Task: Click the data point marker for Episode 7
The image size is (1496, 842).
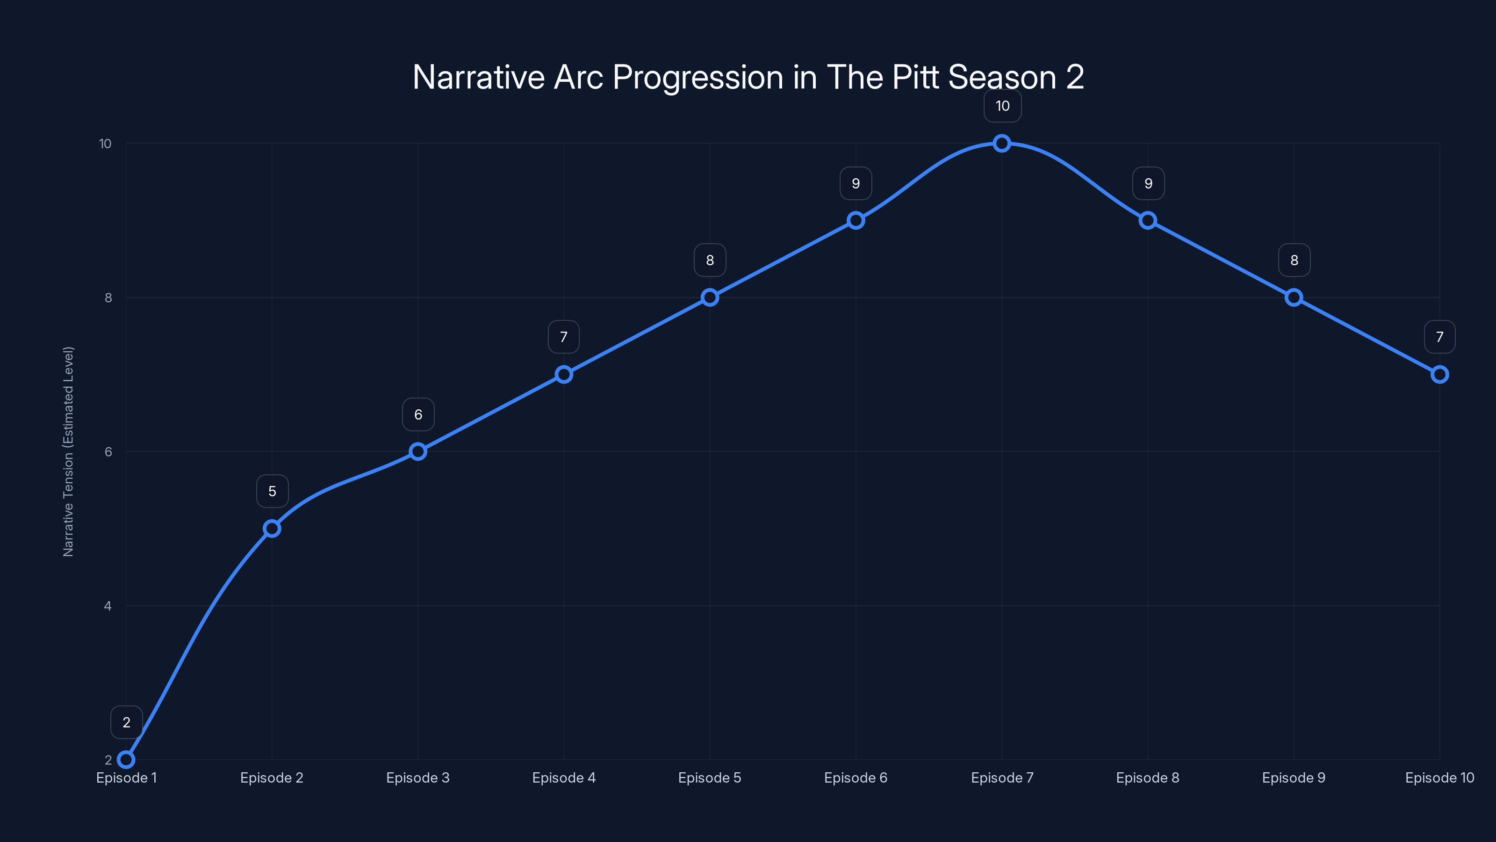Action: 1002,143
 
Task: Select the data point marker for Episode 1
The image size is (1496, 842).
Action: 126,760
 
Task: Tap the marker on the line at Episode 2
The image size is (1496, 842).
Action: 272,528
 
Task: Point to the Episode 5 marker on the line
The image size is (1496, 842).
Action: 710,298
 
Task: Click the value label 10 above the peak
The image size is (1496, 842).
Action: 1002,106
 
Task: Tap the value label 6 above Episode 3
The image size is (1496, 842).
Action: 418,414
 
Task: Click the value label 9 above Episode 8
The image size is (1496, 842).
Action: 1148,184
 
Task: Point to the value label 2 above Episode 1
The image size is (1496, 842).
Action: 127,722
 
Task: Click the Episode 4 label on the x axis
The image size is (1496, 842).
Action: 564,777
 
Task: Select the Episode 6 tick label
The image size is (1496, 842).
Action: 856,777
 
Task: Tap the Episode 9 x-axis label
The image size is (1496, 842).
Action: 1293,777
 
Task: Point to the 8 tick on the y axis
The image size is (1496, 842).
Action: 108,298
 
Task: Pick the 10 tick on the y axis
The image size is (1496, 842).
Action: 105,144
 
